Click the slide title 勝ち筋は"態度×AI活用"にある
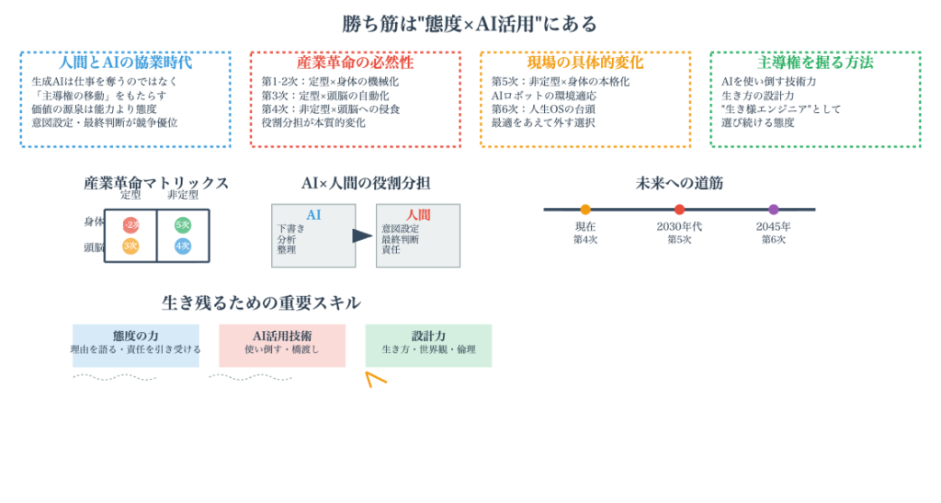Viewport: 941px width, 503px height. [x=470, y=24]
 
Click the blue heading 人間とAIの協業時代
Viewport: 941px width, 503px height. [x=125, y=63]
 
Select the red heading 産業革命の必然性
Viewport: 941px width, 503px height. [x=355, y=63]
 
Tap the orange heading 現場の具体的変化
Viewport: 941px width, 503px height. [x=584, y=63]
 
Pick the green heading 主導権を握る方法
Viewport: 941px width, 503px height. [x=814, y=63]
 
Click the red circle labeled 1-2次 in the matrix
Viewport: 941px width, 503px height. [x=130, y=224]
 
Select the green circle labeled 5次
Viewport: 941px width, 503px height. [x=183, y=224]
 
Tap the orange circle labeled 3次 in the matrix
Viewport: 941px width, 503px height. [x=130, y=246]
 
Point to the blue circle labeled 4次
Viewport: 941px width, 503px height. [x=183, y=246]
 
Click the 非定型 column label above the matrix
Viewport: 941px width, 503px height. [x=183, y=195]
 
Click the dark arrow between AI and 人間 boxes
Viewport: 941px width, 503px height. [x=362, y=236]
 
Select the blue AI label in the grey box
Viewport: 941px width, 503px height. [x=313, y=215]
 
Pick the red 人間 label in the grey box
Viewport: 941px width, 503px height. [x=418, y=215]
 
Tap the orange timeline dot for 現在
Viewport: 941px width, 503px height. [x=585, y=210]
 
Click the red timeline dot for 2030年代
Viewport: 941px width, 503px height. [x=679, y=210]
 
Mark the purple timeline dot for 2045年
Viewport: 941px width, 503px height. [x=773, y=210]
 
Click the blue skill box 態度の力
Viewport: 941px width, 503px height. [x=135, y=345]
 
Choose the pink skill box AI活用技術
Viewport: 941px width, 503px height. [x=281, y=345]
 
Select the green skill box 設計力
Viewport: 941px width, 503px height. [x=427, y=345]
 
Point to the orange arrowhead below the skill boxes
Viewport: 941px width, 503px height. [x=373, y=377]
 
